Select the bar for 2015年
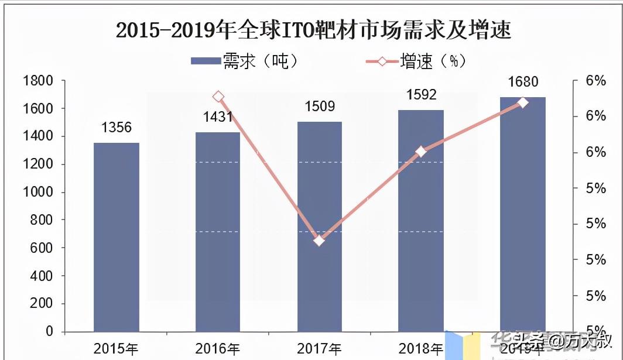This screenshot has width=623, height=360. tap(117, 236)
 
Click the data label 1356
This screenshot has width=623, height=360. tap(116, 128)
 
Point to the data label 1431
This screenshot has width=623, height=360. tap(218, 117)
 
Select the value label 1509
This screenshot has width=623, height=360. tap(319, 107)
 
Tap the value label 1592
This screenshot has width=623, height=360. tap(421, 95)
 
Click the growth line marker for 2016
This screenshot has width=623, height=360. tap(218, 97)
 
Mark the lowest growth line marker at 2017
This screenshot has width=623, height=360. tap(319, 241)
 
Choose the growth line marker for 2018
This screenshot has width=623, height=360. tap(421, 152)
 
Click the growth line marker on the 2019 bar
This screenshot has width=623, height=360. tap(523, 103)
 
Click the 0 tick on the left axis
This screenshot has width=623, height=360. tap(49, 332)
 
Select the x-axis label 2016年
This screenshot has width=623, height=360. tap(218, 349)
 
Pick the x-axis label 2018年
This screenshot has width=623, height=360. tap(421, 349)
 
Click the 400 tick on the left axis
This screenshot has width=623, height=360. tap(41, 276)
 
